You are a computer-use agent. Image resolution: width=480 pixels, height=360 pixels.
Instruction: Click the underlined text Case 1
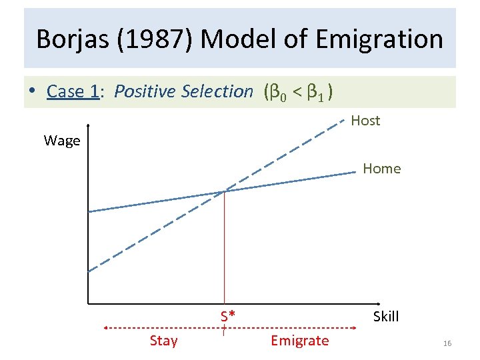pos(73,91)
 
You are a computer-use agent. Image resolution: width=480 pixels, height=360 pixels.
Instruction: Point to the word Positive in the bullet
pos(145,91)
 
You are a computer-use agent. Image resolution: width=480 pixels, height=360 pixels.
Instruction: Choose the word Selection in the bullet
pos(217,91)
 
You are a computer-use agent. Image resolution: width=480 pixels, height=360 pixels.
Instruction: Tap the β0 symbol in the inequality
pos(281,92)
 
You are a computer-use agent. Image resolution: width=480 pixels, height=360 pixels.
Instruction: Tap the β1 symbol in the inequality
pos(316,92)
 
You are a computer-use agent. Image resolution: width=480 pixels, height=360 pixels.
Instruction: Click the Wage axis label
pos(62,141)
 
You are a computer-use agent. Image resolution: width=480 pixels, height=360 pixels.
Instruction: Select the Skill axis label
pos(386,317)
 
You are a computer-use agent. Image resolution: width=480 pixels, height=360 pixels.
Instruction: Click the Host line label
pos(365,121)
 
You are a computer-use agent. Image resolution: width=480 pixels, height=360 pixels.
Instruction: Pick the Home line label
pos(382,169)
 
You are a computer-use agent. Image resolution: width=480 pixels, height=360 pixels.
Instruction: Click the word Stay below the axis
pos(163,341)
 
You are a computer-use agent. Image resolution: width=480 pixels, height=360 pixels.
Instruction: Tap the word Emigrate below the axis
pos(299,341)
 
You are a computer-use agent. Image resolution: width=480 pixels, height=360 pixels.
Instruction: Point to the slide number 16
pos(447,343)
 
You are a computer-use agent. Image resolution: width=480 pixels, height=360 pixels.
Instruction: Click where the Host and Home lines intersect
pos(225,191)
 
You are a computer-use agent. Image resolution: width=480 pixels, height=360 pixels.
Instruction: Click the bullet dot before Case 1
pos(31,92)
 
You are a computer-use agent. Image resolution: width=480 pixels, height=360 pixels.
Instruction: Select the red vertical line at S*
pos(225,253)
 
